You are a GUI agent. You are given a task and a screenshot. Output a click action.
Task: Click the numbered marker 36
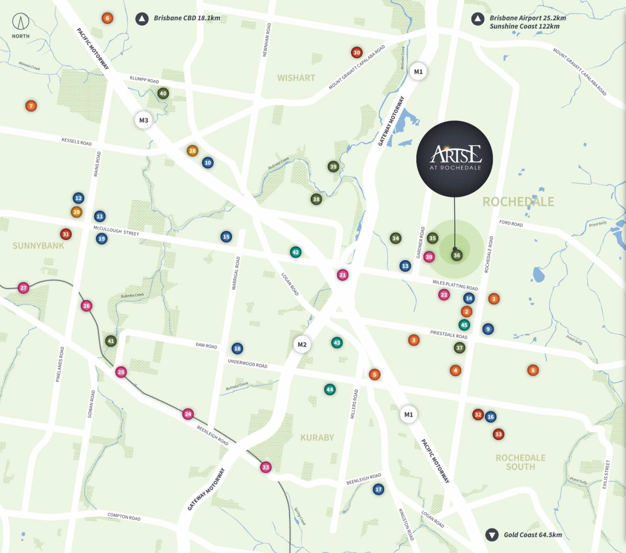(x=457, y=255)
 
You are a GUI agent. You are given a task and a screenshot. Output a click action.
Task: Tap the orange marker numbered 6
(x=107, y=18)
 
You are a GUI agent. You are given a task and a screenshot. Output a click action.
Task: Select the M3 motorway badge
(x=143, y=120)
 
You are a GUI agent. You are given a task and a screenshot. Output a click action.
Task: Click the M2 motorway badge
(x=302, y=344)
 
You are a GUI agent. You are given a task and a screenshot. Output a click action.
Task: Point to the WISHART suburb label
(x=296, y=78)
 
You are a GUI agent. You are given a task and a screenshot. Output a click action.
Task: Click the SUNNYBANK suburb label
(x=38, y=246)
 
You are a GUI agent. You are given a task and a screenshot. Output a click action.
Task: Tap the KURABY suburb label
(x=317, y=437)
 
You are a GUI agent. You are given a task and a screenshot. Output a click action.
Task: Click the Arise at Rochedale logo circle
(x=454, y=159)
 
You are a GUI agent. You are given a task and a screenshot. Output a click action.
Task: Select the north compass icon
(x=20, y=22)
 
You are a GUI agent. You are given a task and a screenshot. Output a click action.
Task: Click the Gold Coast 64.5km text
(x=533, y=535)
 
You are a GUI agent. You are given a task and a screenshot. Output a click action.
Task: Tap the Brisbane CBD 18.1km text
(x=187, y=18)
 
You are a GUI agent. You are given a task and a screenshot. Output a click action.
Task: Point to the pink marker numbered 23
(x=266, y=467)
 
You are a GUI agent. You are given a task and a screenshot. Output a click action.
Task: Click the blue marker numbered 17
(x=378, y=489)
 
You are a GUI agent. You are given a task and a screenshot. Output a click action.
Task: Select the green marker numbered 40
(x=163, y=93)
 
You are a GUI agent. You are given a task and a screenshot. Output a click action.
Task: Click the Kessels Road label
(x=76, y=142)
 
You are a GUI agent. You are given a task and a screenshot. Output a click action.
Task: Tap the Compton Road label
(x=124, y=517)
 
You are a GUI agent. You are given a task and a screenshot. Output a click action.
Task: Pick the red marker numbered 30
(x=356, y=52)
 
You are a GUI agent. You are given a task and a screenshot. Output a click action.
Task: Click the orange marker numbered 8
(x=533, y=370)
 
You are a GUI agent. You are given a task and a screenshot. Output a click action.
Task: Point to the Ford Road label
(x=511, y=223)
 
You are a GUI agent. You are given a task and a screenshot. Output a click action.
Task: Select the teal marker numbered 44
(x=329, y=389)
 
